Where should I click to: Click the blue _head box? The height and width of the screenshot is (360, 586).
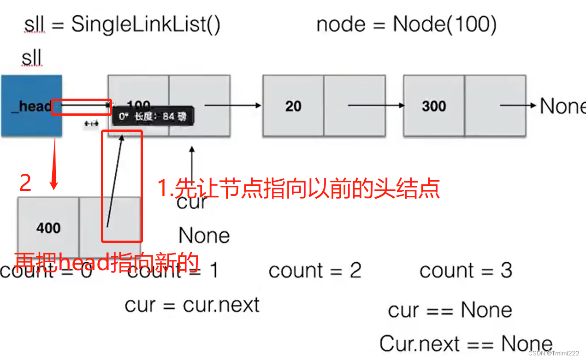pos(31,106)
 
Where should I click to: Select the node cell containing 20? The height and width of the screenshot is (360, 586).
pos(293,106)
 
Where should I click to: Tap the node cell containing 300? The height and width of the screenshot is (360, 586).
pos(434,106)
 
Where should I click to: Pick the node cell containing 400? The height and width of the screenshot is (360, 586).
pos(48,227)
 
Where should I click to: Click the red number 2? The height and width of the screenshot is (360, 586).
pos(25,183)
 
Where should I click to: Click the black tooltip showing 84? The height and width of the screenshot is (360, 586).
pos(153,116)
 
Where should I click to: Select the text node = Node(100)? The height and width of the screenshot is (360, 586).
pos(406,24)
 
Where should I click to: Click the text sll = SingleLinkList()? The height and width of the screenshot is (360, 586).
pos(122,24)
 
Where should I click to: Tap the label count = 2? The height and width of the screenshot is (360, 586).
pos(315,271)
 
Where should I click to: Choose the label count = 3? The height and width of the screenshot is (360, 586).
pos(466,271)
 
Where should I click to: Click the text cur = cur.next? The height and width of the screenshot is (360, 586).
pos(192,305)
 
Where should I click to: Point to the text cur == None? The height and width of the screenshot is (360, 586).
pos(450,310)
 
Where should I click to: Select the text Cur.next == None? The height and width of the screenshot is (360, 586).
pos(466,344)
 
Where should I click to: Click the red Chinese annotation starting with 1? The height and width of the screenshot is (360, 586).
pos(299,189)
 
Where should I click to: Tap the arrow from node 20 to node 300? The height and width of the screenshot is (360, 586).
pos(376,106)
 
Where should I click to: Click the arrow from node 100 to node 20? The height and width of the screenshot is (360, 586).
pos(233,106)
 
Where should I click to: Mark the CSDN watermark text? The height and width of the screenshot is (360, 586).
pos(553,353)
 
